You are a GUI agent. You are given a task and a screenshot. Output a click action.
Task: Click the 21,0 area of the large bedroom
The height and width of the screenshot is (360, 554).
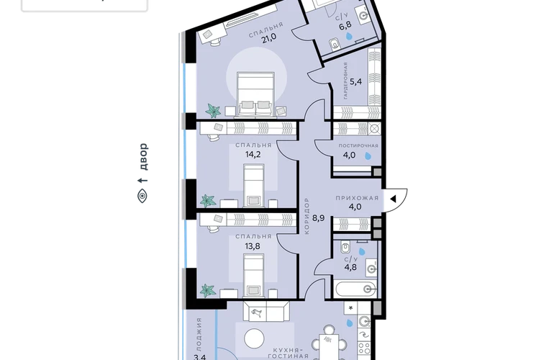(269, 38)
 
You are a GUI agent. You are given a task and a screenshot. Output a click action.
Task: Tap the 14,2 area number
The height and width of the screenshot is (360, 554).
(253, 154)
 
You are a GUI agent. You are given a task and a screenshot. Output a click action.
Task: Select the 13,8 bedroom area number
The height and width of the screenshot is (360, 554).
(253, 246)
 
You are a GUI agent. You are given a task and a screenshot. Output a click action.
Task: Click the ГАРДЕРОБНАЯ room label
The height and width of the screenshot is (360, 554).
(345, 81)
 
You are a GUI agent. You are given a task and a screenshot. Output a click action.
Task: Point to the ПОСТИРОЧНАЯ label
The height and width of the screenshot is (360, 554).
(358, 145)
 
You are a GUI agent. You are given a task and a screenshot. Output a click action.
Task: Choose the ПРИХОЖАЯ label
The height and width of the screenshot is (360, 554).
(357, 198)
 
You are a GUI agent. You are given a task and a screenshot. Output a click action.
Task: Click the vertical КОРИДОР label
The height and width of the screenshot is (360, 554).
(306, 216)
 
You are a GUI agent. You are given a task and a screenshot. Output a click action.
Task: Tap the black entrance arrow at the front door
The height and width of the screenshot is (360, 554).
(393, 199)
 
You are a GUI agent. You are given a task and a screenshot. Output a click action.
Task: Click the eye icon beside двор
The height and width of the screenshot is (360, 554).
(142, 196)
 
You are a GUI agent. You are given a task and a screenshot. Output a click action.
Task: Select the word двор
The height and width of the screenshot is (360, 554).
(142, 157)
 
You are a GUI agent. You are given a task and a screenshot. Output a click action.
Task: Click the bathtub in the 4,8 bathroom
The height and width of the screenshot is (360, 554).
(356, 289)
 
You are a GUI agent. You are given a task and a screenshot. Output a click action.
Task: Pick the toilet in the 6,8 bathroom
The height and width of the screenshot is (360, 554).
(334, 44)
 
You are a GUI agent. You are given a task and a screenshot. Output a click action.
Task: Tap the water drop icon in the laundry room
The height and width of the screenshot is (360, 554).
(368, 156)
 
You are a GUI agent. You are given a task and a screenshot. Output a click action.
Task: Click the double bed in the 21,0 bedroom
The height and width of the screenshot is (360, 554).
(256, 94)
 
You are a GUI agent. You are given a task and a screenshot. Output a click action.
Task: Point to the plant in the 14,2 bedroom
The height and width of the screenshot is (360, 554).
(208, 200)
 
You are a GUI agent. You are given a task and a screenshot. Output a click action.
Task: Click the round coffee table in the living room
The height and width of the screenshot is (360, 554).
(255, 339)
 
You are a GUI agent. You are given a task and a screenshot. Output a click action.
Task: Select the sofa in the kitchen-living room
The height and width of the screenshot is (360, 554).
(265, 312)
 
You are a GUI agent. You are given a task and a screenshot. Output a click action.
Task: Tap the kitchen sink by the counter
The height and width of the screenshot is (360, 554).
(364, 321)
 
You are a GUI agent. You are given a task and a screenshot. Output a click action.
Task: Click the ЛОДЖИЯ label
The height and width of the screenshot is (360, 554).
(199, 333)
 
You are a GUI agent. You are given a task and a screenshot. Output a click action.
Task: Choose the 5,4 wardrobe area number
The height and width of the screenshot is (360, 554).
(356, 81)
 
